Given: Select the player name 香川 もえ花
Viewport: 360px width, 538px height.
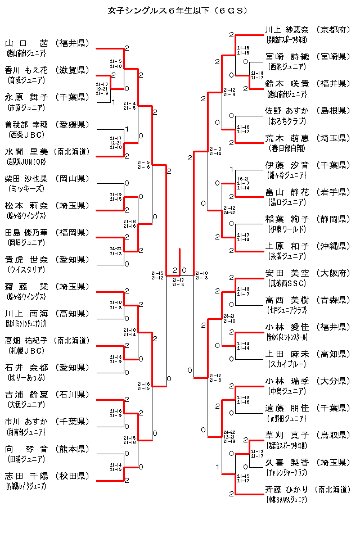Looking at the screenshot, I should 26,70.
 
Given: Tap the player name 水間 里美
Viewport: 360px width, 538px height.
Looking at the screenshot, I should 26,151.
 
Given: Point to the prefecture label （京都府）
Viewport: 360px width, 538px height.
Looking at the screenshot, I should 333,30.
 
